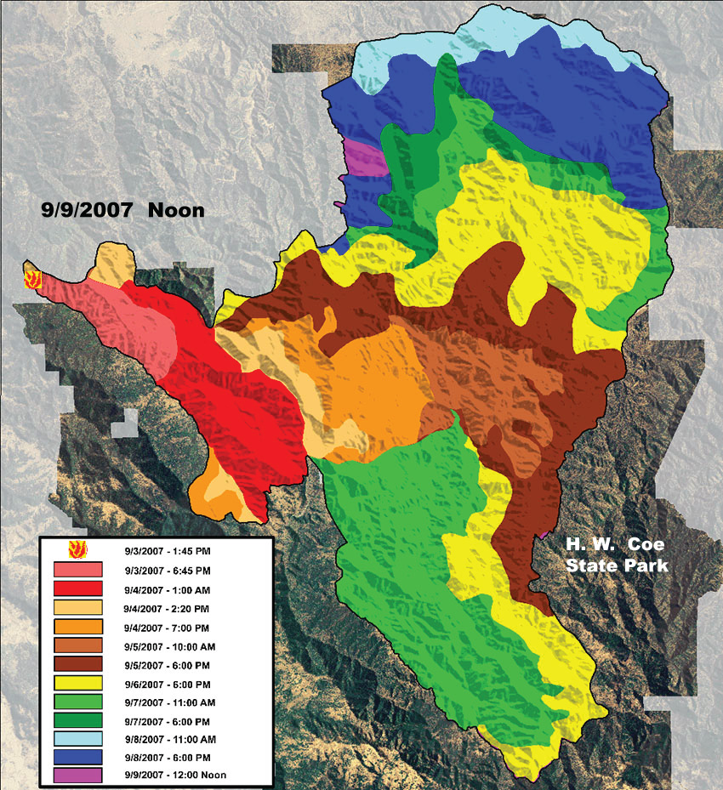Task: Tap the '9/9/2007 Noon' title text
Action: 123,208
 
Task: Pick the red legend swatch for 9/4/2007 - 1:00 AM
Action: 77,588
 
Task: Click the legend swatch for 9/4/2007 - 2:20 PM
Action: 77,607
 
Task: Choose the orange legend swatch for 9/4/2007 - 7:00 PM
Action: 77,626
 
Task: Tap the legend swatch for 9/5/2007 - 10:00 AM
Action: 77,645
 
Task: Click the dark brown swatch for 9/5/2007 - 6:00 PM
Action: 77,663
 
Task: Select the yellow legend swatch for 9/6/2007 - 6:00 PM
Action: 77,682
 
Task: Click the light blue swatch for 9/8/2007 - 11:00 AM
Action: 77,738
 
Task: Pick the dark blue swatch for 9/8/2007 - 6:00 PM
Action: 77,757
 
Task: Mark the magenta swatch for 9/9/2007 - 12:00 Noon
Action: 77,775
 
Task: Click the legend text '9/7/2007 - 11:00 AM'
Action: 177,701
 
